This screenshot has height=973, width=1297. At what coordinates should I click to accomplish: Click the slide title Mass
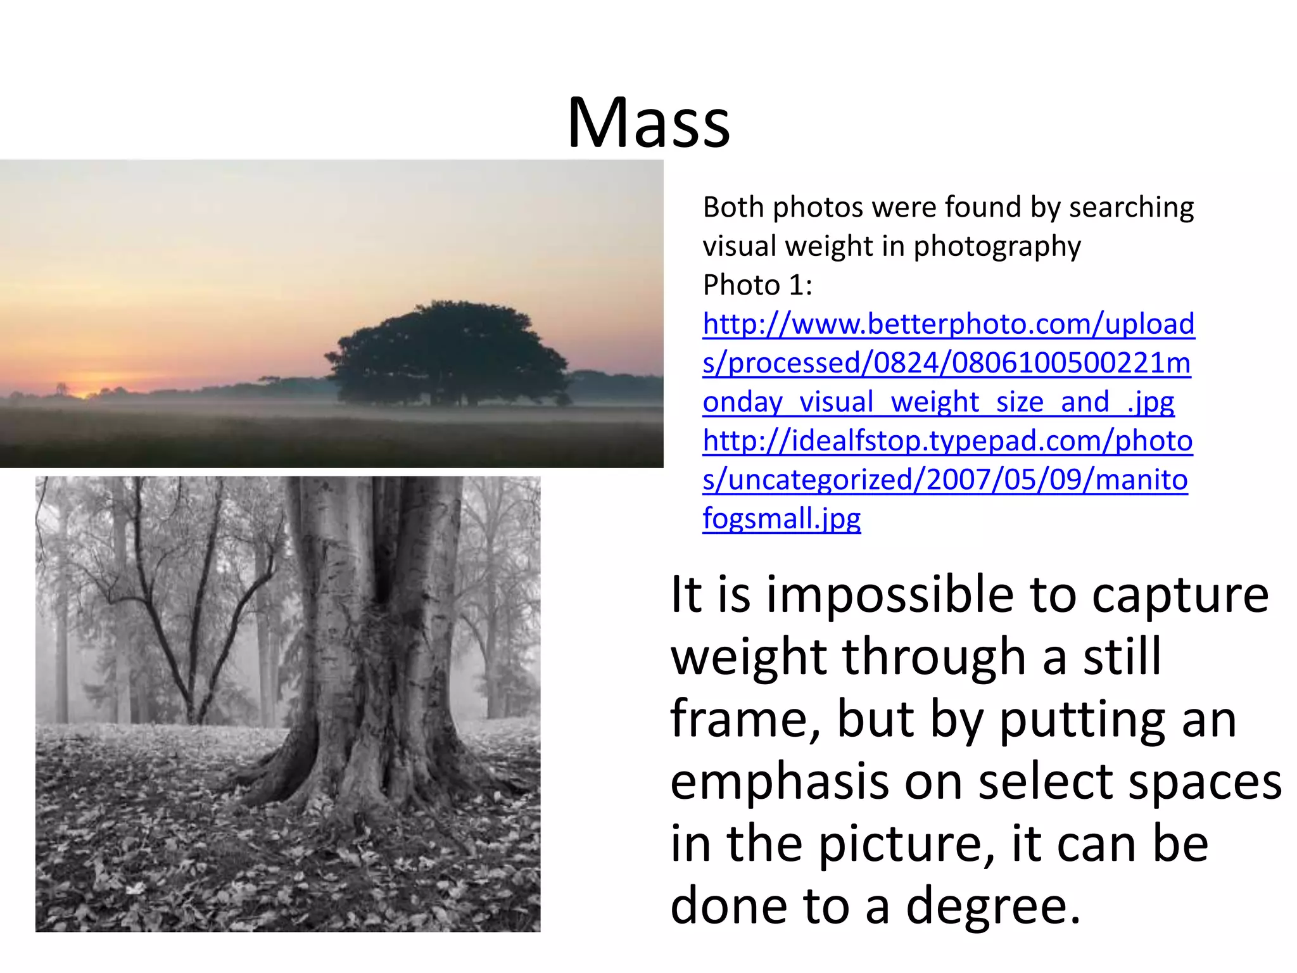tap(648, 122)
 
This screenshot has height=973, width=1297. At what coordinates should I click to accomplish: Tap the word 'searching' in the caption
tap(1131, 208)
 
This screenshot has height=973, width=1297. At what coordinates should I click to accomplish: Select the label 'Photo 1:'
tap(757, 285)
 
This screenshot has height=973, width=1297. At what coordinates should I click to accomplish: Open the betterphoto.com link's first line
tap(948, 324)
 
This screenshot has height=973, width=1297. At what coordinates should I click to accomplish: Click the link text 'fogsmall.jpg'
tap(781, 519)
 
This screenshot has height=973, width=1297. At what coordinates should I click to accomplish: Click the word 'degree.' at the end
tap(993, 906)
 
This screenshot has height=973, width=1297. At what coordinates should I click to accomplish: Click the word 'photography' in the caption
tap(997, 246)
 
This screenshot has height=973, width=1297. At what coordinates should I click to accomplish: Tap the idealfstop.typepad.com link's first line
tap(947, 441)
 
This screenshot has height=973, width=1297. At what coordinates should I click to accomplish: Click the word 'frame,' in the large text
tap(745, 720)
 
